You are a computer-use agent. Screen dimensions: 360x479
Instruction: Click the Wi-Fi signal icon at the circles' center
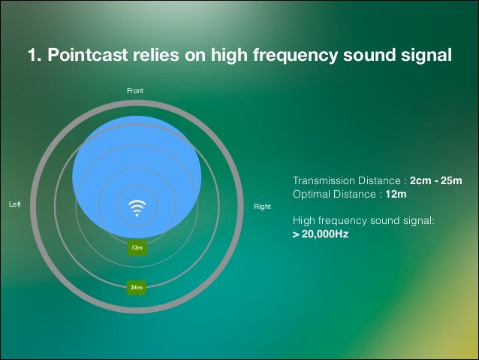click(137, 207)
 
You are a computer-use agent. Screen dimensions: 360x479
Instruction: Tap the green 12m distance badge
click(137, 247)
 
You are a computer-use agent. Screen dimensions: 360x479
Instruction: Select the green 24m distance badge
click(137, 287)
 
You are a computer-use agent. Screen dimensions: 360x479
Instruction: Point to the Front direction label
click(135, 90)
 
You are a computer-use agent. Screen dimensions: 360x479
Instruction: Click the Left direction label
click(14, 204)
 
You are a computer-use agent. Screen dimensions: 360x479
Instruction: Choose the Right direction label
click(262, 206)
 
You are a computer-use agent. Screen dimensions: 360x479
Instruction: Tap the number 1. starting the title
click(35, 56)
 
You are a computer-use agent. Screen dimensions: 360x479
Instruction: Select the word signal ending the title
click(427, 56)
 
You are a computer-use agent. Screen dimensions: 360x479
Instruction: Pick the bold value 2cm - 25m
click(435, 181)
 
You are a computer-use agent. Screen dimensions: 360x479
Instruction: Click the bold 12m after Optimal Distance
click(396, 194)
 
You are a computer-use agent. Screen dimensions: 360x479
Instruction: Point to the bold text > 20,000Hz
click(321, 234)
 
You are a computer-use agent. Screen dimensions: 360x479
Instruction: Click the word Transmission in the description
click(321, 181)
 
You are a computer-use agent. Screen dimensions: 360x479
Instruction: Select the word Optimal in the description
click(310, 194)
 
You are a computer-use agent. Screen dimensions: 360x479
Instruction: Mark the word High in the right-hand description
click(302, 221)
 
